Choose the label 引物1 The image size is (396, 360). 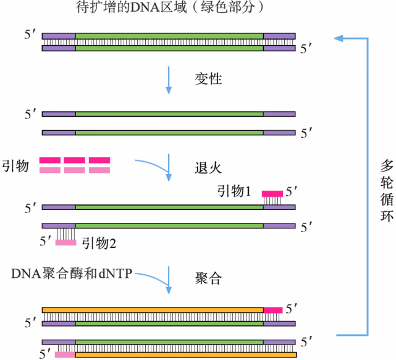(x=234, y=191)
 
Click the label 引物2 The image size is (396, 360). (x=99, y=243)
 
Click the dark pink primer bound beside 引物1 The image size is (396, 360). (x=272, y=193)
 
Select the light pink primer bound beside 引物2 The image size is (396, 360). (x=65, y=242)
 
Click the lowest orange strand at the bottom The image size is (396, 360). (x=185, y=355)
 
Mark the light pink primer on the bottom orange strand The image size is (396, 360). (x=64, y=355)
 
